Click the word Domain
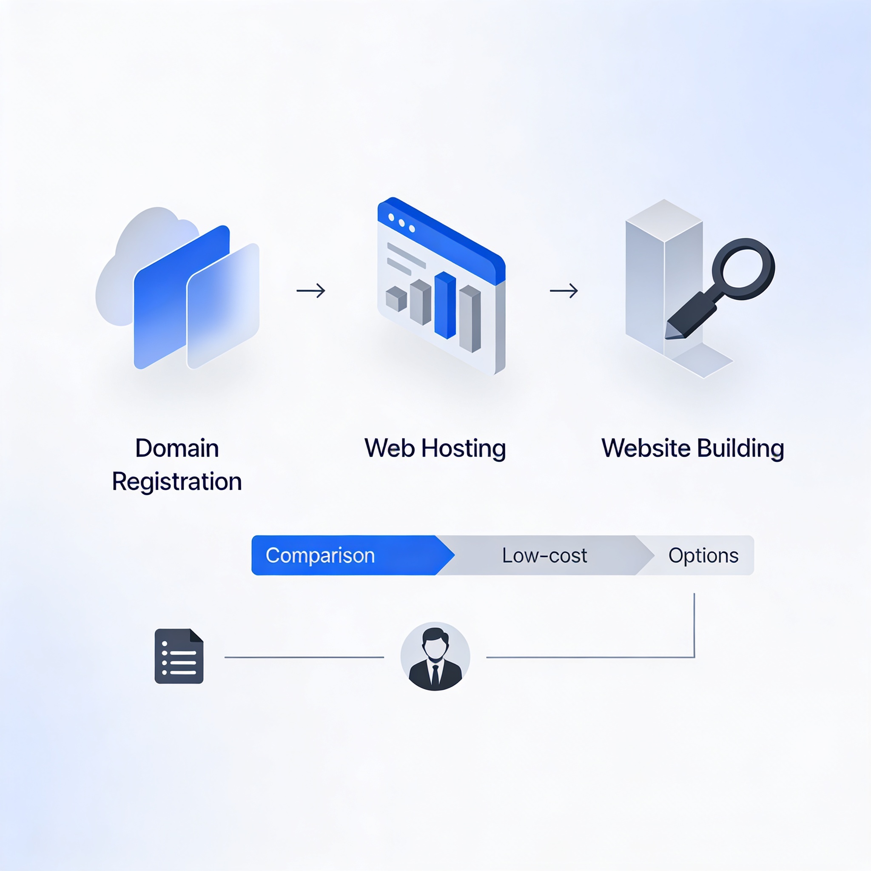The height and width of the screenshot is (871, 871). (177, 448)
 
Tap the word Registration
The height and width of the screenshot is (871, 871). (177, 482)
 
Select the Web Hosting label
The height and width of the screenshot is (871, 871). (435, 449)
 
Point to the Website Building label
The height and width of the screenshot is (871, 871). (693, 449)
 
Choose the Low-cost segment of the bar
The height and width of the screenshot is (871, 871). (545, 555)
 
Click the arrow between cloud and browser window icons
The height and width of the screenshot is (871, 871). (310, 290)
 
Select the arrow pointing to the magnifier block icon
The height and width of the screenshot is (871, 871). (564, 290)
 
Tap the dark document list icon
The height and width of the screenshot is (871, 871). (179, 656)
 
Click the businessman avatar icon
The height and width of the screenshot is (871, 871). (435, 656)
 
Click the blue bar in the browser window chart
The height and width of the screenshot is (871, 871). (445, 305)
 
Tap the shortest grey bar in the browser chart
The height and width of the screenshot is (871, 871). (396, 299)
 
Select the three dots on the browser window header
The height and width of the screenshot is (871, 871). (401, 223)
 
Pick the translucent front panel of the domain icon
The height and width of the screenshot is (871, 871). (223, 306)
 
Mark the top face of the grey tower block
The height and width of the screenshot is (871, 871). (664, 219)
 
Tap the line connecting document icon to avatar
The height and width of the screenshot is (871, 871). (305, 658)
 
